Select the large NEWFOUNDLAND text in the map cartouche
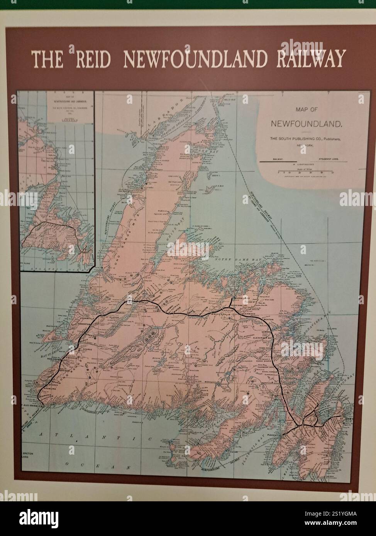[x=307, y=124]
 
